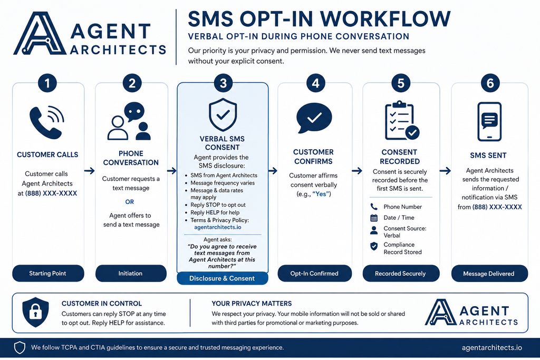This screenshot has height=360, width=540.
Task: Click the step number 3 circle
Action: click(223, 83)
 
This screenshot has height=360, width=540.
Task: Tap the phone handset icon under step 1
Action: click(46, 122)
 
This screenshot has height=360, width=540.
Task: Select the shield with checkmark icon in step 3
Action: click(223, 114)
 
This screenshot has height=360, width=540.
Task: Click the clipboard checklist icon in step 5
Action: click(401, 121)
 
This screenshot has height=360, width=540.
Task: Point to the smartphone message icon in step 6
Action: click(489, 121)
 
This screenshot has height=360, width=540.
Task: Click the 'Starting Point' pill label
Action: click(48, 273)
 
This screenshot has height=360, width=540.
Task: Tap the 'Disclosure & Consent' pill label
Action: click(222, 278)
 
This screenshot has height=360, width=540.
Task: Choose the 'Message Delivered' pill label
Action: click(489, 274)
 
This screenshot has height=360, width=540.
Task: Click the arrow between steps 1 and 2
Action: click(89, 171)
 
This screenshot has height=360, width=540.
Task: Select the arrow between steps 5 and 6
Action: click(445, 171)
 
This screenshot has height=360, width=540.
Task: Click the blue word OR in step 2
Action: click(130, 202)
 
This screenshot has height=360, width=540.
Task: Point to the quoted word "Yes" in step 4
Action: click(321, 194)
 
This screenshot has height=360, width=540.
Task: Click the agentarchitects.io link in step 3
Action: click(218, 227)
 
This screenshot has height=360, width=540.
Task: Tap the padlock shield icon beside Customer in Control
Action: click(35, 312)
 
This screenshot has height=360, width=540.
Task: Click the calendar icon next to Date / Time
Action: click(374, 218)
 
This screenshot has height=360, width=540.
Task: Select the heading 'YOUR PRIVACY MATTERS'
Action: click(252, 304)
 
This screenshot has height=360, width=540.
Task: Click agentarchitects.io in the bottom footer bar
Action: click(492, 347)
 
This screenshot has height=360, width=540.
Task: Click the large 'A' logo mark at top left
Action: click(40, 33)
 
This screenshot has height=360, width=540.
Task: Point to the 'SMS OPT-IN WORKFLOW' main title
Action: click(319, 19)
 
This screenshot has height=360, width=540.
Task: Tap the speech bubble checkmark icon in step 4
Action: click(314, 118)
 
